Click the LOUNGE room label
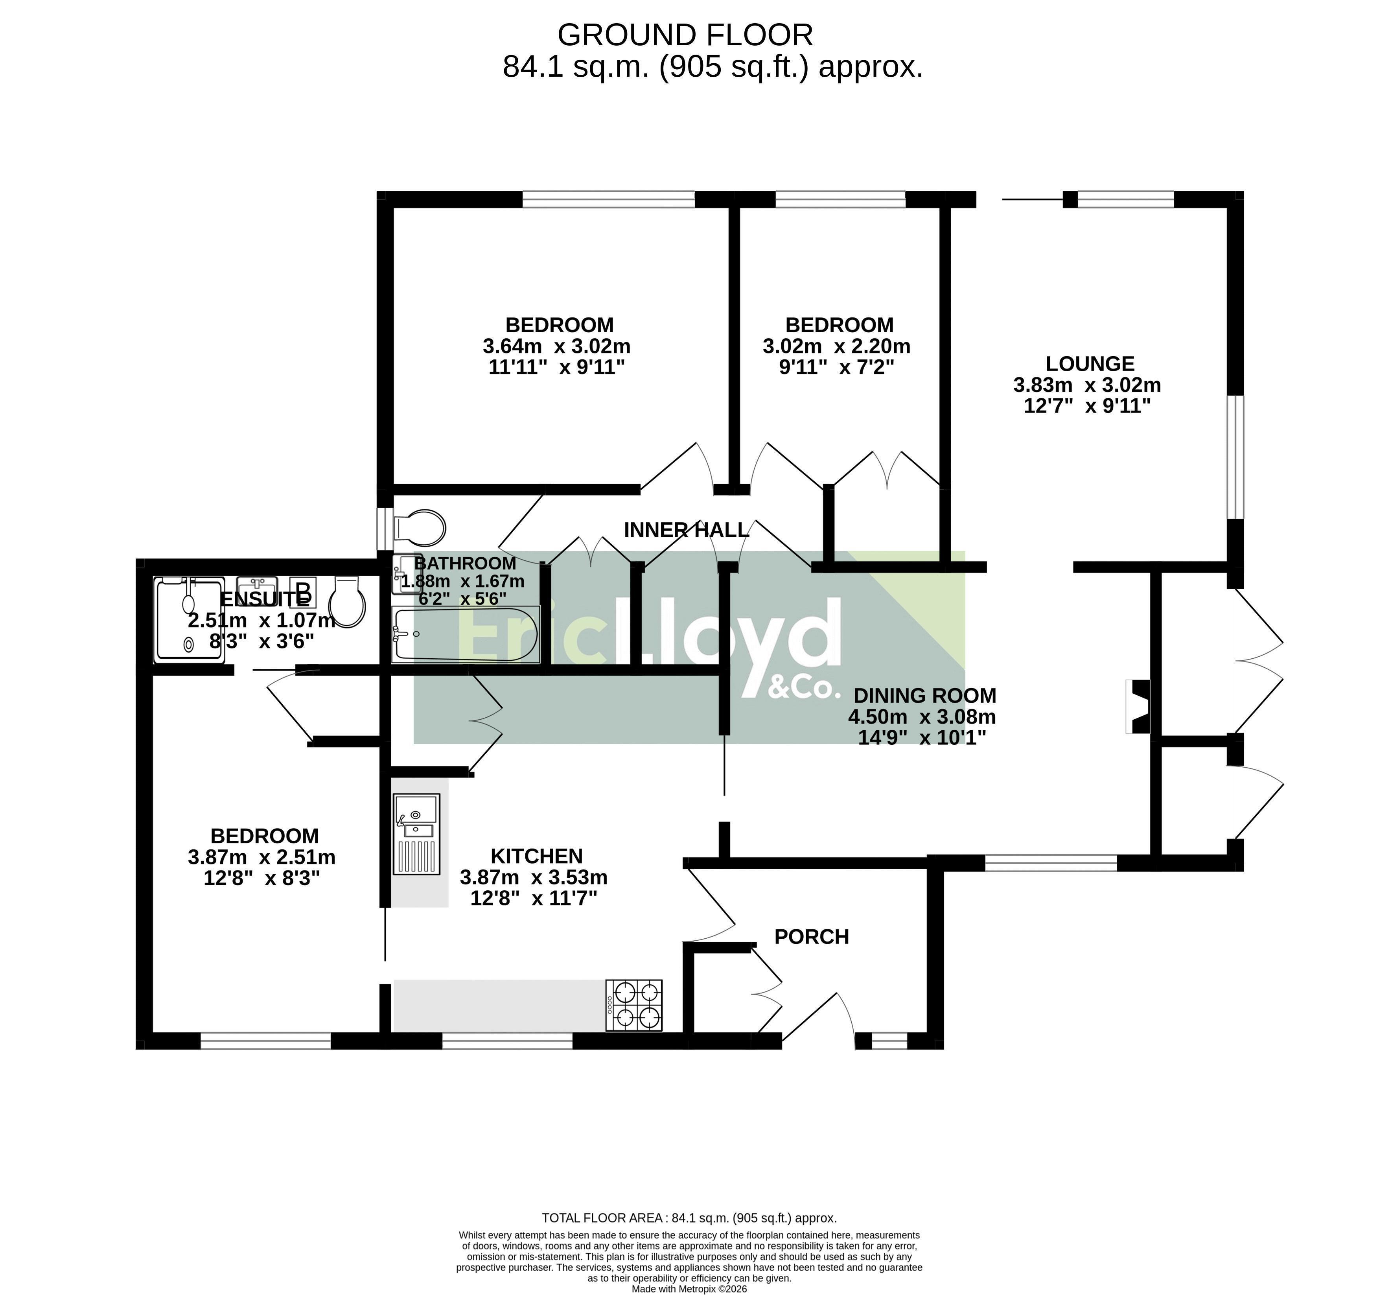pyautogui.click(x=1090, y=363)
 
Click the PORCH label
pyautogui.click(x=812, y=937)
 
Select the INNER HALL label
pyautogui.click(x=686, y=530)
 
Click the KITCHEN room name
pyautogui.click(x=537, y=856)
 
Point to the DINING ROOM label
pyautogui.click(x=925, y=696)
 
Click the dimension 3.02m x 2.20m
pyautogui.click(x=836, y=345)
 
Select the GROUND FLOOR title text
pyautogui.click(x=685, y=35)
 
